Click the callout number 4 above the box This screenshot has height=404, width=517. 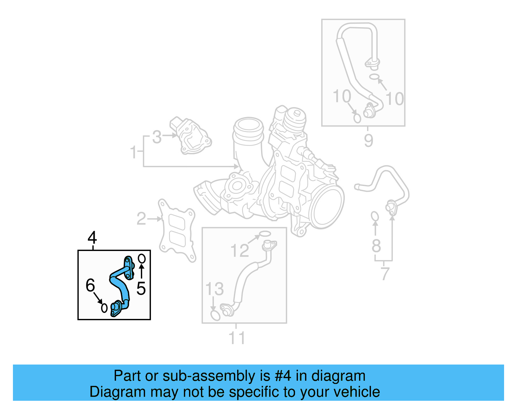coord(92,238)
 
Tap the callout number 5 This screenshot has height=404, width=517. coord(141,288)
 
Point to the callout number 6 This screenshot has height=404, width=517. coord(90,285)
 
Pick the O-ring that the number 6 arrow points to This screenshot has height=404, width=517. coord(104,308)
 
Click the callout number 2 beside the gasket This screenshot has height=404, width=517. coord(141,219)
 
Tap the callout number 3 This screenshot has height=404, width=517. coord(157,137)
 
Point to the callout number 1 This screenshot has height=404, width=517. coord(133,152)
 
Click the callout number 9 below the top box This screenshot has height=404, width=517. coord(368,140)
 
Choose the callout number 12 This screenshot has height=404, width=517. coord(239,250)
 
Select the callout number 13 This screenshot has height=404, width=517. coord(214,289)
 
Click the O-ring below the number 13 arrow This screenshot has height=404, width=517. coord(215,315)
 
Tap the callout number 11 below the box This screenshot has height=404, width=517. coord(237,338)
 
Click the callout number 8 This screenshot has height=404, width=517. coord(376,246)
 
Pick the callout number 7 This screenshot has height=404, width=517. coord(385,274)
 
